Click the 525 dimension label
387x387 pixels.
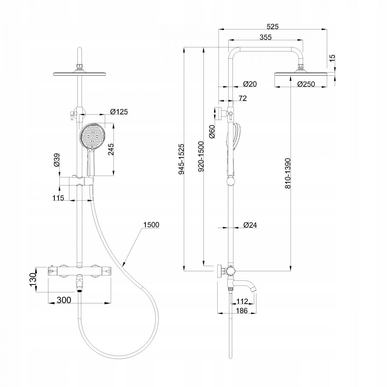[x=273, y=26]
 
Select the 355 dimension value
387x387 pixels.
[x=265, y=37]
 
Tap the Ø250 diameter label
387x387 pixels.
[x=306, y=84]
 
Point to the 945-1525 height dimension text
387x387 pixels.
[x=181, y=159]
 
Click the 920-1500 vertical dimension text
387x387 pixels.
[x=201, y=157]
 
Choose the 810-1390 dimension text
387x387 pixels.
[x=288, y=173]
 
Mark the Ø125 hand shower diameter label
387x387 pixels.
[x=119, y=112]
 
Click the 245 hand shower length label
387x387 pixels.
[x=111, y=149]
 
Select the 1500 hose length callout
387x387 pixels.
[x=151, y=224]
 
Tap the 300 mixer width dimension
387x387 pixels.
[x=64, y=300]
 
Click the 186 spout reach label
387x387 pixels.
[x=242, y=311]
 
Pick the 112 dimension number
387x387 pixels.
[x=242, y=301]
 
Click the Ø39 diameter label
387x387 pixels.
[x=57, y=160]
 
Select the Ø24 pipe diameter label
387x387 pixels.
[x=250, y=225]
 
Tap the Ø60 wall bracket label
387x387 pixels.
[x=212, y=132]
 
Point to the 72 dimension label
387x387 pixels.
[x=243, y=98]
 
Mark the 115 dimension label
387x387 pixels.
[x=58, y=198]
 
